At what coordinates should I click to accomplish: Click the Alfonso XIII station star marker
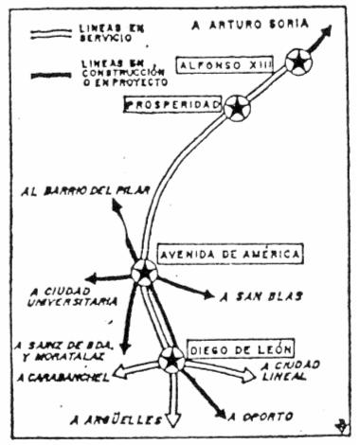point(298,62)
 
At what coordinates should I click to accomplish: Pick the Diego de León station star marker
point(171,359)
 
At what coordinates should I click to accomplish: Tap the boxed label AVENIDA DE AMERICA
point(230,255)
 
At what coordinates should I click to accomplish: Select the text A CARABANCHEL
point(59,378)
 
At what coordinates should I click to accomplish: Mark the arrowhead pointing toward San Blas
point(207,294)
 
